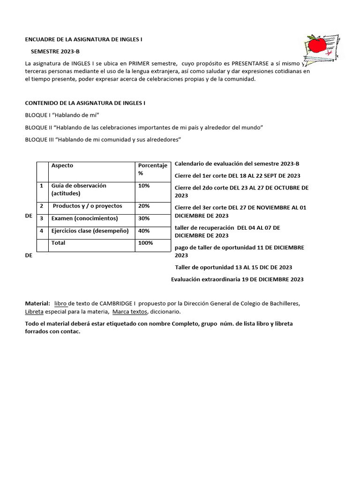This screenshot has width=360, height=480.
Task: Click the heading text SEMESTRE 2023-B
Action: [x=59, y=51]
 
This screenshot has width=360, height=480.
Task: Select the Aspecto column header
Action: [x=62, y=165]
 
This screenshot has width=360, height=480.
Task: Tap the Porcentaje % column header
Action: [x=152, y=170]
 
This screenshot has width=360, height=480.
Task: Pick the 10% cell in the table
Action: [x=144, y=186]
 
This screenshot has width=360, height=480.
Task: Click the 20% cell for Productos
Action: [x=144, y=206]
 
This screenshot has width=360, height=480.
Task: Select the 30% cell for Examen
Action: [x=144, y=218]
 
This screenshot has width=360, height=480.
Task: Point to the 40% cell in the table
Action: [x=144, y=231]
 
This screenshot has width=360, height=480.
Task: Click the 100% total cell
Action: [x=145, y=243]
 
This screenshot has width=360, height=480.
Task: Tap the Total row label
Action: [x=59, y=243]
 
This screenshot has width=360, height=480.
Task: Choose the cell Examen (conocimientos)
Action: [x=84, y=218]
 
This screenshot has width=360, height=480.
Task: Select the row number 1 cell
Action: [x=42, y=186]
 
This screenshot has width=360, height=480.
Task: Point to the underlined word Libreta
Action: [x=34, y=312]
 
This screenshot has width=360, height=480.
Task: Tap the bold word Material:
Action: [x=37, y=303]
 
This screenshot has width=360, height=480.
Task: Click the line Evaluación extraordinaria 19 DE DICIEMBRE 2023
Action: [x=237, y=279]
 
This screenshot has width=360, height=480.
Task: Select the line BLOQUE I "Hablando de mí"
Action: [x=62, y=115]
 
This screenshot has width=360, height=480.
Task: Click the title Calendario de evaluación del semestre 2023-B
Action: [x=237, y=164]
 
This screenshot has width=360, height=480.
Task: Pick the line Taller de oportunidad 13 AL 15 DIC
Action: [x=233, y=267]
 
